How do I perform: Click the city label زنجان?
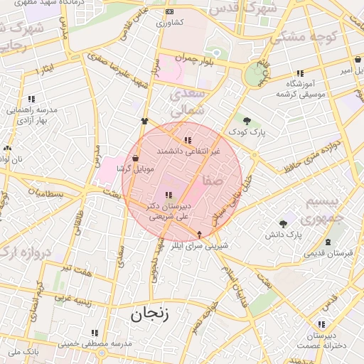(150, 314)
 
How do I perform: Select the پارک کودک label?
(247, 132)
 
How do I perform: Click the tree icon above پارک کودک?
(247, 121)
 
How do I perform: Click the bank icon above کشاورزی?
(168, 12)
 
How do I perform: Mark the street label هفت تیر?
(75, 268)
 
